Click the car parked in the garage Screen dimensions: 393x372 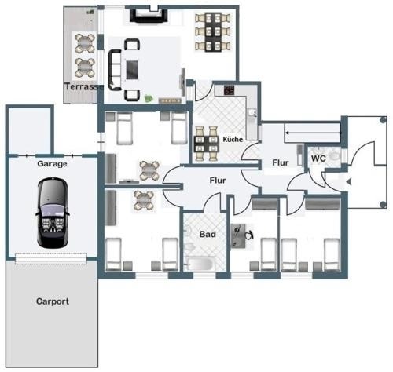point(53,213)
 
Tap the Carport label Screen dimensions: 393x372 point(53,301)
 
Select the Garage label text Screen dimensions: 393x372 point(52,164)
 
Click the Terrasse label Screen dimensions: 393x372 point(84,86)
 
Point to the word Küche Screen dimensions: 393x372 point(233,140)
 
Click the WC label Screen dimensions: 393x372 point(318,159)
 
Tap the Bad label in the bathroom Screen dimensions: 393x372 point(208,234)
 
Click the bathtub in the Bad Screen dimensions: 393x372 point(200,264)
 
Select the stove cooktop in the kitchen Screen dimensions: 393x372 point(229,90)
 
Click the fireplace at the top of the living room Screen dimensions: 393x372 point(149,16)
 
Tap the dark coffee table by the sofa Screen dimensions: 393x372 point(132,70)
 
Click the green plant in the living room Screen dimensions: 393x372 point(149,98)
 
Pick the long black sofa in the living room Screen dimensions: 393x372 point(115,70)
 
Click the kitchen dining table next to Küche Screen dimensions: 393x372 point(207,144)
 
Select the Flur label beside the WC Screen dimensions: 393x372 point(281,162)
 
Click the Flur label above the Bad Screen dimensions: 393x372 point(218,181)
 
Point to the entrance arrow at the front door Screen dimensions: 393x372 point(349,182)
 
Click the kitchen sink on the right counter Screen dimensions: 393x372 point(253,112)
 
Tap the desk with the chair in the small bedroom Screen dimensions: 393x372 point(238,235)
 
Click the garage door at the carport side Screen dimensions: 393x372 point(51,258)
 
